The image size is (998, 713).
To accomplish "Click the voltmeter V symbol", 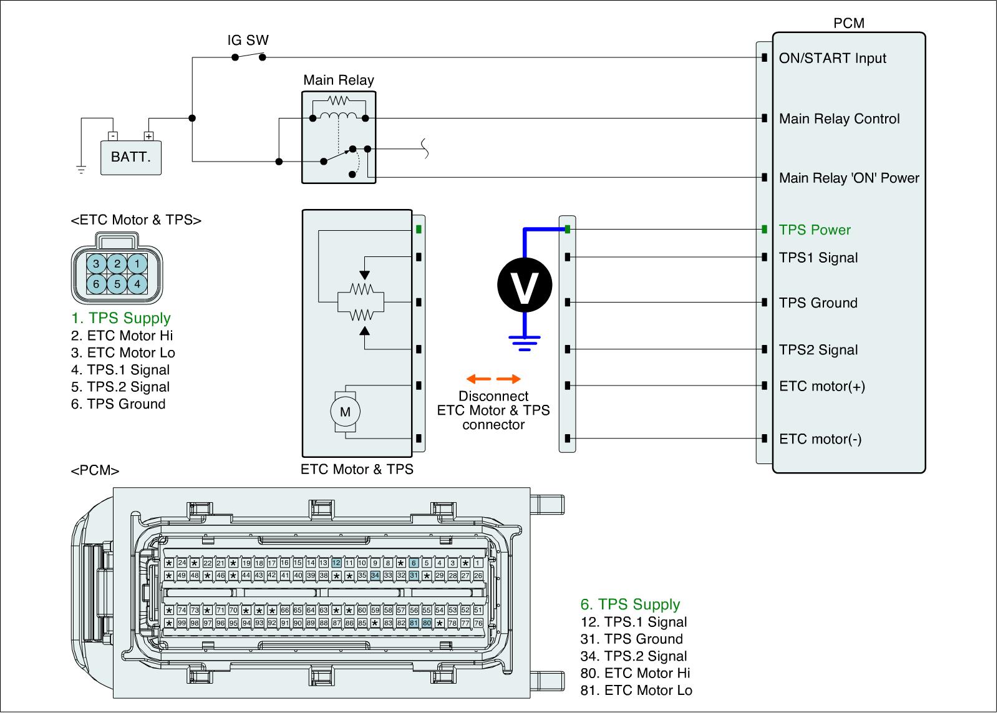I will point(525,285).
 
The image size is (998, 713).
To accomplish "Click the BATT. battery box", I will point(130,157).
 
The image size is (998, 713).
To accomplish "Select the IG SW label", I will point(248,41).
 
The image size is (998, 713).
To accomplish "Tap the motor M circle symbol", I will point(345,412).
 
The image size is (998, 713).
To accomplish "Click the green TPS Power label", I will point(815,230).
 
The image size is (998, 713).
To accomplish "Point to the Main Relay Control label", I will point(839,119).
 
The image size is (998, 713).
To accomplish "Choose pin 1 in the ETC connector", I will point(138,264).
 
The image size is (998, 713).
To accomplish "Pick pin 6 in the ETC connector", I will point(96,284).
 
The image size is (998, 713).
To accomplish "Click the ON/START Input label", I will point(832,59).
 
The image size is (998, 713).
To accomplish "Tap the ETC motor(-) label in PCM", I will point(820,439).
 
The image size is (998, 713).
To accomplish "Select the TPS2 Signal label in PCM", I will point(818,350).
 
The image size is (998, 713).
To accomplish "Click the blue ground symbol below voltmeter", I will point(525,342).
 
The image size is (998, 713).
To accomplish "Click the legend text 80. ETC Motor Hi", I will point(635,674).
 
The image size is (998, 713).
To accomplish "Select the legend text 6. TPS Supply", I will point(630,604).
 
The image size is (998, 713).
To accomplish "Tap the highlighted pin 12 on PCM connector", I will point(336,563).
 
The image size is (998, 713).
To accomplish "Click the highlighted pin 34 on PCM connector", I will point(375,575).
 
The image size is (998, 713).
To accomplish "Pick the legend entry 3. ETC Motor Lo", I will point(123,353).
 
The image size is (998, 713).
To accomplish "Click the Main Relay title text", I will point(339,80).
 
